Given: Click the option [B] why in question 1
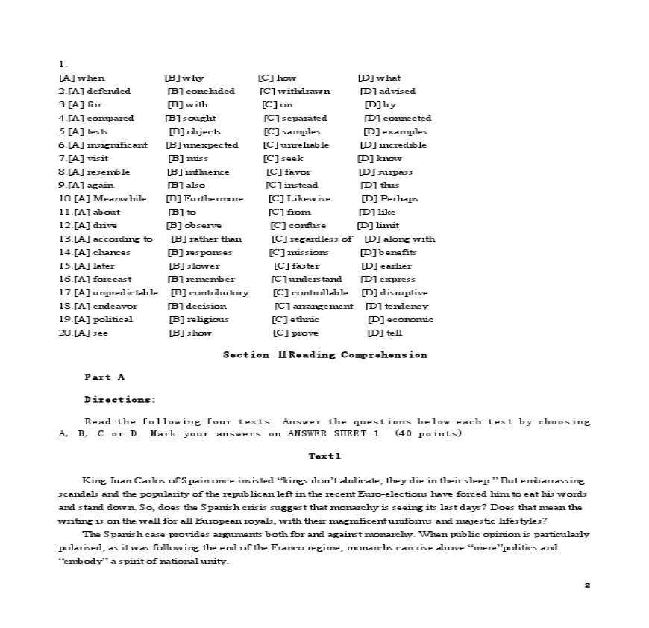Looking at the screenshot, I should [184, 78].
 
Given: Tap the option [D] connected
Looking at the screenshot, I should [397, 118].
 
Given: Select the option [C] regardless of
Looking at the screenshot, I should [311, 239].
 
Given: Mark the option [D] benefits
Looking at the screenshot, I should [388, 252].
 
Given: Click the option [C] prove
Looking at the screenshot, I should [295, 333].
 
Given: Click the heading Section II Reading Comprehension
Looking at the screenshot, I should [325, 355].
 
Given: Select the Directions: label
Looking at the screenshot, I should [120, 400].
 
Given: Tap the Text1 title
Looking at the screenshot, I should [324, 456].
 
